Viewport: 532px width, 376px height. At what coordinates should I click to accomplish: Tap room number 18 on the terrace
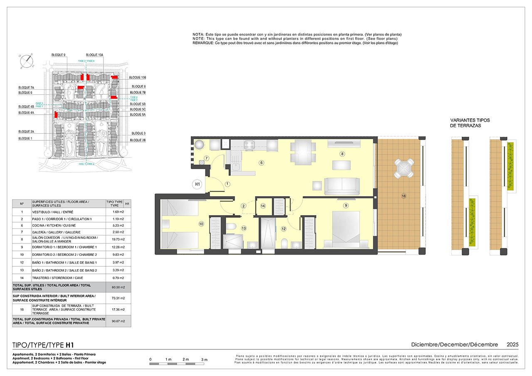[404, 196]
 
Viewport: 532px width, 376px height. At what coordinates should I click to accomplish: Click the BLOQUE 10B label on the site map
[138, 78]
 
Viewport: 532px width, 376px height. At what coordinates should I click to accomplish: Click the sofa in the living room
[342, 187]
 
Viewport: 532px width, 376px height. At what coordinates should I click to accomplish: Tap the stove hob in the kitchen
[249, 145]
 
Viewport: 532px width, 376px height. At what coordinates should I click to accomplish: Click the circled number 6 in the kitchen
[261, 162]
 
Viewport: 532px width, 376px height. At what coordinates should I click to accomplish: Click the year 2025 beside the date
[512, 344]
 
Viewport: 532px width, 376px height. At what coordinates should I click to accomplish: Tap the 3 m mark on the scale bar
[204, 359]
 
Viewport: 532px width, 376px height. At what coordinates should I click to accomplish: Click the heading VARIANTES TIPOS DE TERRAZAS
[470, 123]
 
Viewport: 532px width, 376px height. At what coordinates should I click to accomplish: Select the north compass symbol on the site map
[27, 61]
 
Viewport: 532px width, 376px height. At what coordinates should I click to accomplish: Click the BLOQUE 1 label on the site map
[25, 138]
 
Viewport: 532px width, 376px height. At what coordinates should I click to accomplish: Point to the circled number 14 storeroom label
[263, 206]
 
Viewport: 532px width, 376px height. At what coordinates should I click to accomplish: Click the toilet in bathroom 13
[232, 226]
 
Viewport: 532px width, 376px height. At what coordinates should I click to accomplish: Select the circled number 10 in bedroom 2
[201, 224]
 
